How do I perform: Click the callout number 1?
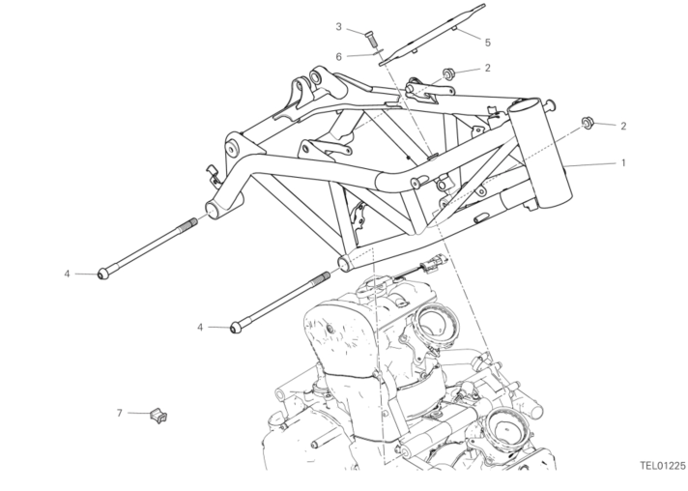tap(623, 162)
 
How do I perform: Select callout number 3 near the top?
tap(338, 27)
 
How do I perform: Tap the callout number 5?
tap(487, 43)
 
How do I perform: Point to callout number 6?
tap(339, 57)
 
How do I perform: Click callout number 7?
tap(119, 413)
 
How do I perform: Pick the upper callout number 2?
tap(487, 68)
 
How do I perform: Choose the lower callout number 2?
tap(623, 126)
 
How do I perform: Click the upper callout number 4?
tap(67, 274)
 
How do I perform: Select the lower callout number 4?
tap(200, 328)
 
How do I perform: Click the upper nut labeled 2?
tap(448, 72)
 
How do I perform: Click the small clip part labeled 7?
tap(158, 415)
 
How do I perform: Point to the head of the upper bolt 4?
tap(103, 274)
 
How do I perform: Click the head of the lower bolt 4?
tap(236, 328)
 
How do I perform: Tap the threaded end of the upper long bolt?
tap(187, 225)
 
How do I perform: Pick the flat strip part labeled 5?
tap(432, 34)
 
